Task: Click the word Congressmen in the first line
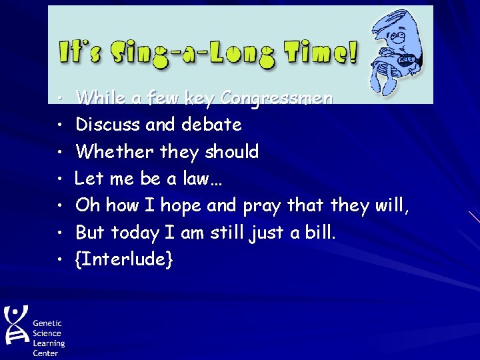276,98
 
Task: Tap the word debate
209,125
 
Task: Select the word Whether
115,151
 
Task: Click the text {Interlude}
125,259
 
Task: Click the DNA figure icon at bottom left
16,325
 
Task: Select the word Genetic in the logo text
47,323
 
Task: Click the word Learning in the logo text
49,343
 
